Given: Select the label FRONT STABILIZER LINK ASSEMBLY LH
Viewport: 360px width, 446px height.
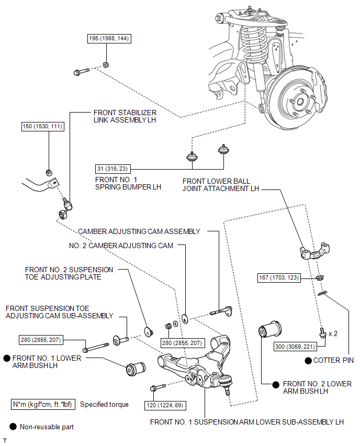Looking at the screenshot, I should (x=125, y=116).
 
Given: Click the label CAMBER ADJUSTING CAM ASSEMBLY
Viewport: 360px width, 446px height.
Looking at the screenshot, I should (x=139, y=231).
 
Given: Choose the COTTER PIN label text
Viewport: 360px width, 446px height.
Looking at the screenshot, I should (x=333, y=360).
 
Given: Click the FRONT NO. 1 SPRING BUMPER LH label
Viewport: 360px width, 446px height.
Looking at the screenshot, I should (x=128, y=183).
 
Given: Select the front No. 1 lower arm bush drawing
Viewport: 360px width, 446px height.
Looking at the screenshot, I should (x=137, y=368).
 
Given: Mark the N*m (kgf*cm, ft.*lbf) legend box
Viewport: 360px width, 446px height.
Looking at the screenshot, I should (x=43, y=404).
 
